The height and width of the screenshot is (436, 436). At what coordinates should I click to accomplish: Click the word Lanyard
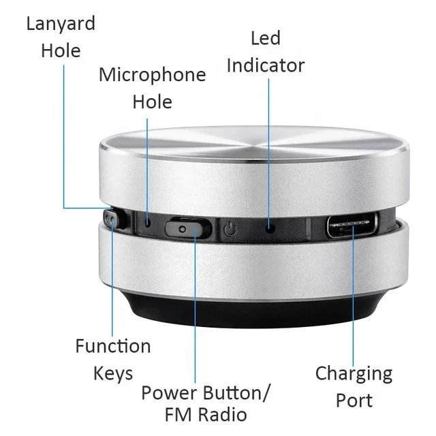61,23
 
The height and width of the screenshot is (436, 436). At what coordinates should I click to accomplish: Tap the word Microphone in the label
152,74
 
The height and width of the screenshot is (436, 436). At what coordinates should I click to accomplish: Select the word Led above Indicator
265,38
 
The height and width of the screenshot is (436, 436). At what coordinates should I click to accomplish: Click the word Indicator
265,65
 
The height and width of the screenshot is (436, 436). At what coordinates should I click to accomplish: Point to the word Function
112,346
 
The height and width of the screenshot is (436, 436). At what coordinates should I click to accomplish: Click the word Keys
112,373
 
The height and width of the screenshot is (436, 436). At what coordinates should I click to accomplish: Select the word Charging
354,374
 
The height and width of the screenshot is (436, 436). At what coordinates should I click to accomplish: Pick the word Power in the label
170,393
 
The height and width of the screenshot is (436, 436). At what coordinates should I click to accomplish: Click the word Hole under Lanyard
61,50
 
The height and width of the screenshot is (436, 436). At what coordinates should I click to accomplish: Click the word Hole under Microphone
152,102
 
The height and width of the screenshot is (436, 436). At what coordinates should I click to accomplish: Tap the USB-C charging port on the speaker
352,225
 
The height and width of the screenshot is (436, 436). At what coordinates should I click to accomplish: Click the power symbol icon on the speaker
230,229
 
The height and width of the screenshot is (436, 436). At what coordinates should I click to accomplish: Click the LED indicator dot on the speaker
270,227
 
